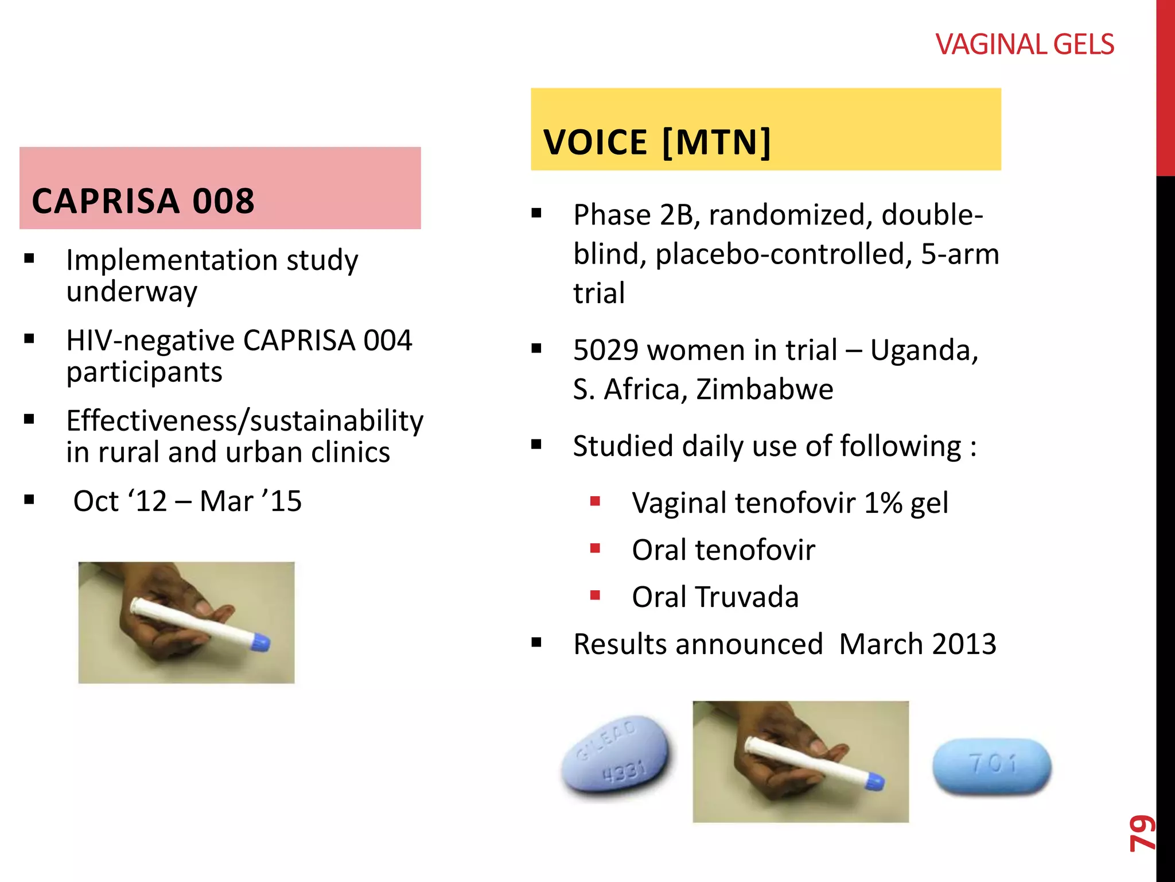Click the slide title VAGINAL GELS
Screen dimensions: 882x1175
[1025, 45]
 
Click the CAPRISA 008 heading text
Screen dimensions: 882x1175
[143, 201]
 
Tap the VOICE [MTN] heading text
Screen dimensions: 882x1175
[657, 142]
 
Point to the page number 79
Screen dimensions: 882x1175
[1142, 833]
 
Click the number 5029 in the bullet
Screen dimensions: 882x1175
[605, 350]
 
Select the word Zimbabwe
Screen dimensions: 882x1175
[764, 389]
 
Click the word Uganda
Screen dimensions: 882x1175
[924, 350]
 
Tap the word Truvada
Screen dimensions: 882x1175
[747, 597]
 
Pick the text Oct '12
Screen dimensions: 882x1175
[120, 501]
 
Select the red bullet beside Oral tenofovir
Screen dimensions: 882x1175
[595, 549]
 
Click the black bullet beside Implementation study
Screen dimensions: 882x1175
[29, 259]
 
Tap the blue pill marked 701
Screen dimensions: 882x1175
[992, 766]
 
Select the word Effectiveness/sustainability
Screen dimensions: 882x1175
[244, 421]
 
